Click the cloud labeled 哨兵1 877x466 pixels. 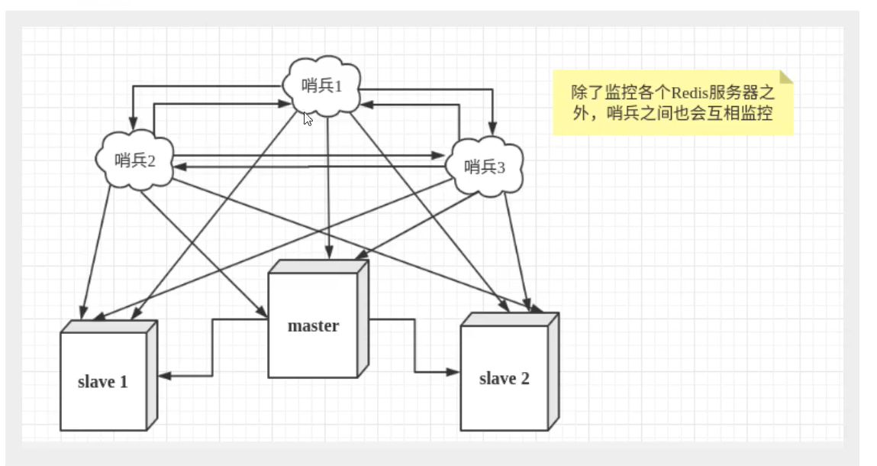coord(322,86)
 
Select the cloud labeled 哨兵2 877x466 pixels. coord(135,160)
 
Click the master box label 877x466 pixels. coord(313,326)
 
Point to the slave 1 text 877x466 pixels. coord(102,381)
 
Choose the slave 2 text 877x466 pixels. coord(504,378)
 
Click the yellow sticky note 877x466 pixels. coord(672,103)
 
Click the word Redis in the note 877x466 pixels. coord(690,93)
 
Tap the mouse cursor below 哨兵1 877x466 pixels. coord(308,118)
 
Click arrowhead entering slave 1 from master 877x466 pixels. coord(163,374)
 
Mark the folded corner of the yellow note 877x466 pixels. coord(786,76)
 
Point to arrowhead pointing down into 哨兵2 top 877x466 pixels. coord(133,123)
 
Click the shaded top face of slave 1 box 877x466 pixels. coord(109,326)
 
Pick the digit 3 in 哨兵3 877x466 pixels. coord(501,167)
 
